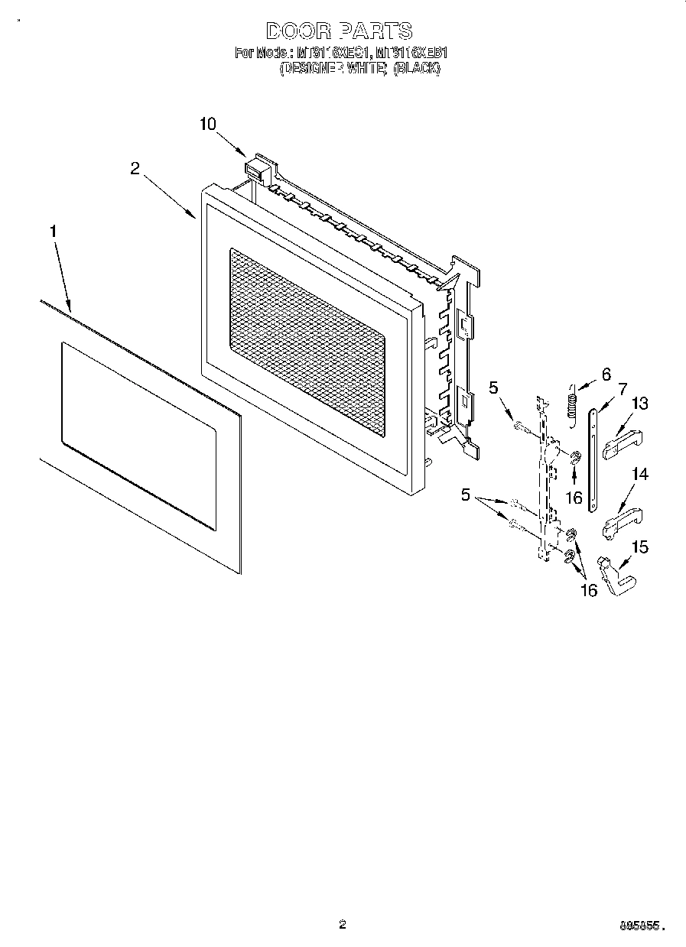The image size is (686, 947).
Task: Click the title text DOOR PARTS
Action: [x=339, y=31]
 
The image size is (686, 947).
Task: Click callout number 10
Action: [x=208, y=124]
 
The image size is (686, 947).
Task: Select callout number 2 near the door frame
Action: [x=135, y=169]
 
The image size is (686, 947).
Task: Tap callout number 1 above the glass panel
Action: [x=53, y=230]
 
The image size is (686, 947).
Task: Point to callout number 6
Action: [x=606, y=375]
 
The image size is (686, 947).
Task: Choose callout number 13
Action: [x=639, y=404]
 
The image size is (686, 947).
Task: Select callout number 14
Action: [x=639, y=475]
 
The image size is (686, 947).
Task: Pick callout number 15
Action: [x=639, y=546]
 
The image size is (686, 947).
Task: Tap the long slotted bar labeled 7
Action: [x=593, y=459]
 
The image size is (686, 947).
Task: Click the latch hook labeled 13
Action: [x=622, y=446]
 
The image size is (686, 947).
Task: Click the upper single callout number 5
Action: [x=493, y=388]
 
